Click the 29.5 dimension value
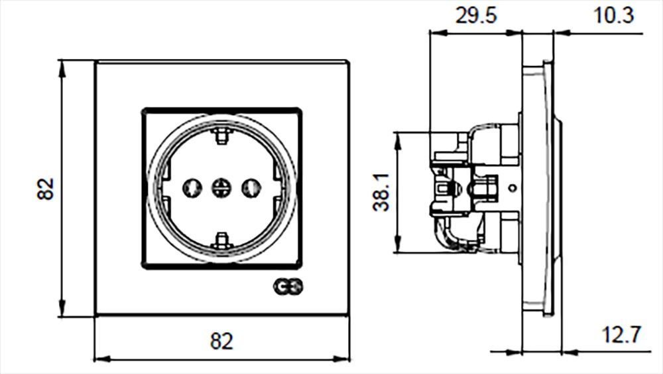coord(475,16)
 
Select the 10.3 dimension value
coord(614,16)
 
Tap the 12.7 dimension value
coord(622,335)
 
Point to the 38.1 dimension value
coord(381,192)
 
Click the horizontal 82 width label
coord(221,341)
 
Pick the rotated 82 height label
coord(45,189)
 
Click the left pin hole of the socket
coord(192,187)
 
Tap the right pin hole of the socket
coord(251,187)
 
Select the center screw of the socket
coord(221,187)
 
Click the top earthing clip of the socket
coord(222,135)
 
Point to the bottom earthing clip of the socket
coord(222,240)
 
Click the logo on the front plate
coord(288,287)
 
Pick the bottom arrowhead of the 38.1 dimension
coord(397,245)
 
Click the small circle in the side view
coord(512,187)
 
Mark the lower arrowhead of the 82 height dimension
coord(62,308)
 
